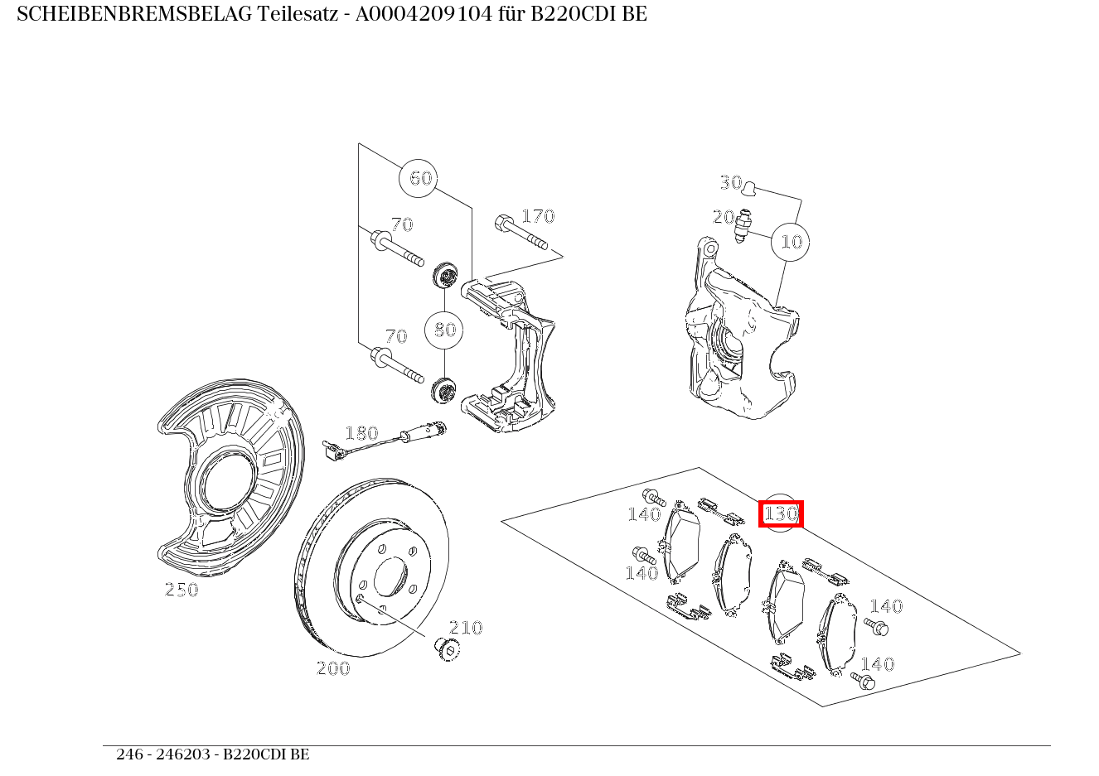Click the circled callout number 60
[420, 178]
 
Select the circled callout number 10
[791, 242]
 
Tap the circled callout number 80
[444, 330]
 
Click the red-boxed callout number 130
[781, 513]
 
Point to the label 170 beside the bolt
[537, 216]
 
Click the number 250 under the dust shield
[182, 590]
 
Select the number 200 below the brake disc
[333, 668]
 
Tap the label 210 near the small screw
[466, 628]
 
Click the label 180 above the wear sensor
[361, 433]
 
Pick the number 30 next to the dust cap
[730, 182]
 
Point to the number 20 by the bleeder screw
[724, 217]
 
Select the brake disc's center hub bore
[390, 577]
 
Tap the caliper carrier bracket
[514, 356]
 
